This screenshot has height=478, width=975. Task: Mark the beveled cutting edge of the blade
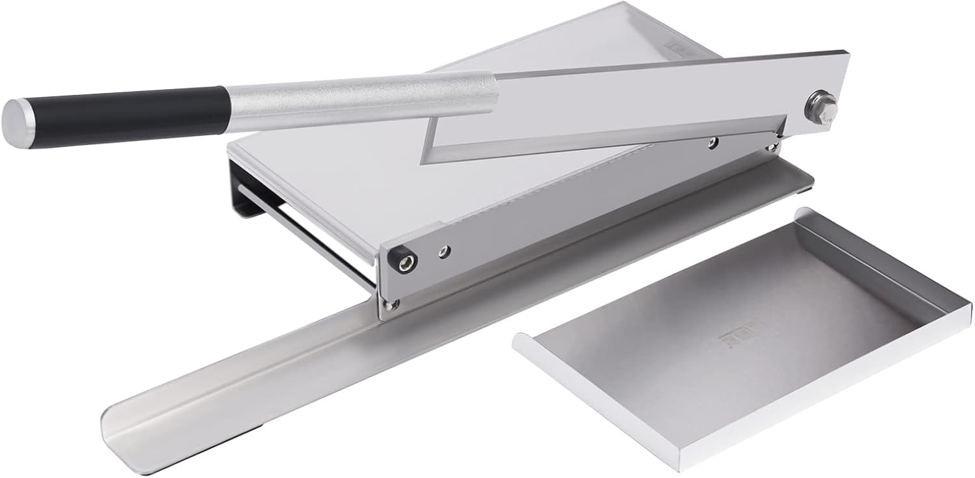point(604,144)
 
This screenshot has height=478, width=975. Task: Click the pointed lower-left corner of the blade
point(425,160)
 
